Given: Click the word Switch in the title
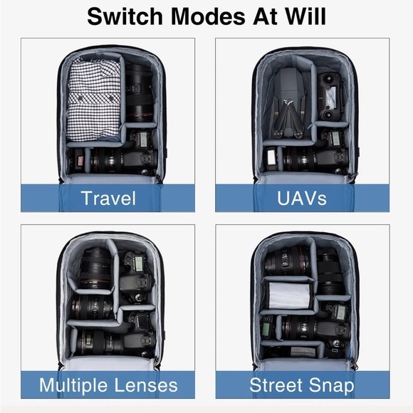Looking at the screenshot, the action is tap(125, 16).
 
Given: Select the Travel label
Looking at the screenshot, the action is tap(108, 198).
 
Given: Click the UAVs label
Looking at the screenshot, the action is tap(302, 198).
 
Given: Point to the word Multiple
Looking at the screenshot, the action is tap(74, 386).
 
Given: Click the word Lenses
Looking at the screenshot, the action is tap(146, 385).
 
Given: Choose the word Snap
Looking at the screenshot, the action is tap(332, 386).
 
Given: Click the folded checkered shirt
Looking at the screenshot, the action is tap(93, 99).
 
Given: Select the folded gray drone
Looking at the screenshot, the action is tap(289, 103).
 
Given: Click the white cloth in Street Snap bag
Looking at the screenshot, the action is tap(288, 295).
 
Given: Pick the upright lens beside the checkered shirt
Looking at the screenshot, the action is tap(139, 91).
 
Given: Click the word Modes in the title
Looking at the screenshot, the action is tap(208, 16).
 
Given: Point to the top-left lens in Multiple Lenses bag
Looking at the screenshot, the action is tap(95, 268).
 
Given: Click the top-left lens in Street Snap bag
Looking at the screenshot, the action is tap(288, 261).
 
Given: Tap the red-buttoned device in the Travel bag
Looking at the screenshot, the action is tap(79, 161).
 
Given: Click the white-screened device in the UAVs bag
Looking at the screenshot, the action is tap(271, 160).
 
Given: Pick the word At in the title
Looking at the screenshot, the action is tap(265, 16).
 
